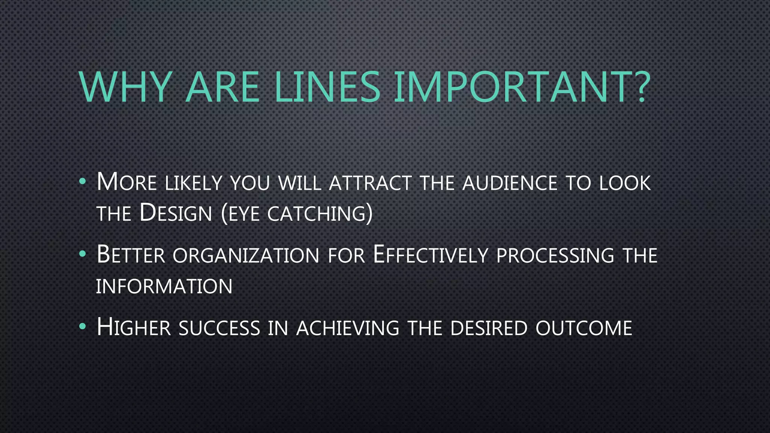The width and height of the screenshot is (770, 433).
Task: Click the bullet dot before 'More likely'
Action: (x=83, y=182)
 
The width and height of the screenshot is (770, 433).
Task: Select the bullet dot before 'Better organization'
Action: (x=83, y=254)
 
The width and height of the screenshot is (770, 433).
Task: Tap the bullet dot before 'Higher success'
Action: (x=83, y=327)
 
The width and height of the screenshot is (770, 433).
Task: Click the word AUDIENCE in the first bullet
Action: (x=510, y=183)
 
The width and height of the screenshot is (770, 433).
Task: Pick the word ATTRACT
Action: (x=370, y=183)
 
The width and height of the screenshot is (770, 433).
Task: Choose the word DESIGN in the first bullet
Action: (x=176, y=213)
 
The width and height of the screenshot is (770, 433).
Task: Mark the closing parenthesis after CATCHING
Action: (x=369, y=214)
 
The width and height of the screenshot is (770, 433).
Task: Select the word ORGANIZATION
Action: (x=246, y=256)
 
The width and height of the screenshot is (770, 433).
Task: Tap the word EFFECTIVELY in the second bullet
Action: (x=430, y=255)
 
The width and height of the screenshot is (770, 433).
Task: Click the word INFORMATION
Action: (x=164, y=286)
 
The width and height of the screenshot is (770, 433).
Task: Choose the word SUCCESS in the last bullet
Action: (x=219, y=328)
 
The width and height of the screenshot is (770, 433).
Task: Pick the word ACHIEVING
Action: (x=348, y=328)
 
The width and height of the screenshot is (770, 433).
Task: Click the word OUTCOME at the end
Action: (x=584, y=328)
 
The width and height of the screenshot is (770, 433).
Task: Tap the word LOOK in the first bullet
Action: (x=624, y=183)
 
